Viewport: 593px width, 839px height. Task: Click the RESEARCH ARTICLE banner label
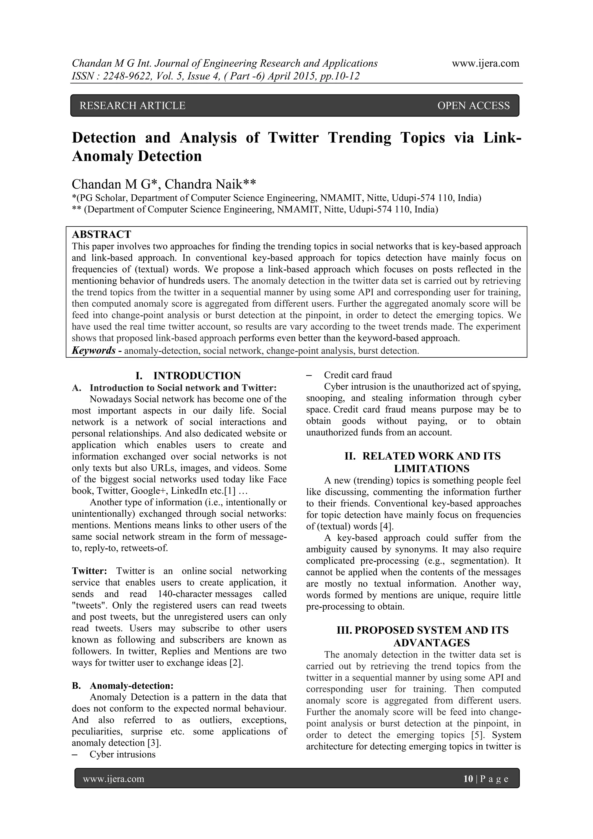132,106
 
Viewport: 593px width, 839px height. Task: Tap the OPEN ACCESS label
473,106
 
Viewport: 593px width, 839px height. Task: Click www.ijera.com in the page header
485,63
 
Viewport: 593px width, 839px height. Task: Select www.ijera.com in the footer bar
113,779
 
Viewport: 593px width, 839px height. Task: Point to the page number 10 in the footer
468,779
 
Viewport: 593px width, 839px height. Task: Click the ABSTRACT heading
102,234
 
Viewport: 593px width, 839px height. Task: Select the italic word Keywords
94,350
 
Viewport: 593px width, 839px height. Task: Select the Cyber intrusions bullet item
122,754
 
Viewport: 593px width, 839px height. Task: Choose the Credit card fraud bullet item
358,375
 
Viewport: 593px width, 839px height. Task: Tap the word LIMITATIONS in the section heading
431,469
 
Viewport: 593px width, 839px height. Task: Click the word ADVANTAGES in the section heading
431,642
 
